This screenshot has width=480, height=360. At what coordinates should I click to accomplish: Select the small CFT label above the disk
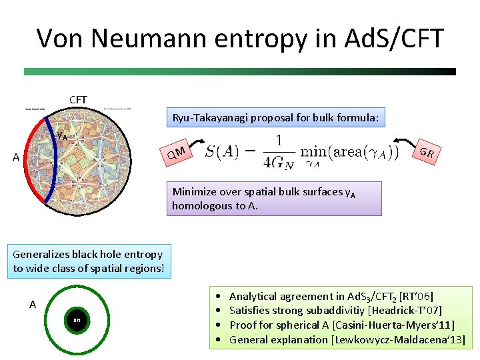[78, 99]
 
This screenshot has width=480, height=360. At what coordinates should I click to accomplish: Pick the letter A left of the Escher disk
[17, 158]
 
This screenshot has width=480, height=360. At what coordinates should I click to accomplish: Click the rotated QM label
[176, 153]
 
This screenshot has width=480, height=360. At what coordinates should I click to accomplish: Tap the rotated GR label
[427, 153]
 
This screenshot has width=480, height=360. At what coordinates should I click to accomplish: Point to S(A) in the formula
[229, 153]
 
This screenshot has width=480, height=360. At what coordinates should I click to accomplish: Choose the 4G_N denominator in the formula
[278, 162]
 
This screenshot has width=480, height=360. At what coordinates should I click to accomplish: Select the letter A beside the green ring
[33, 305]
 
